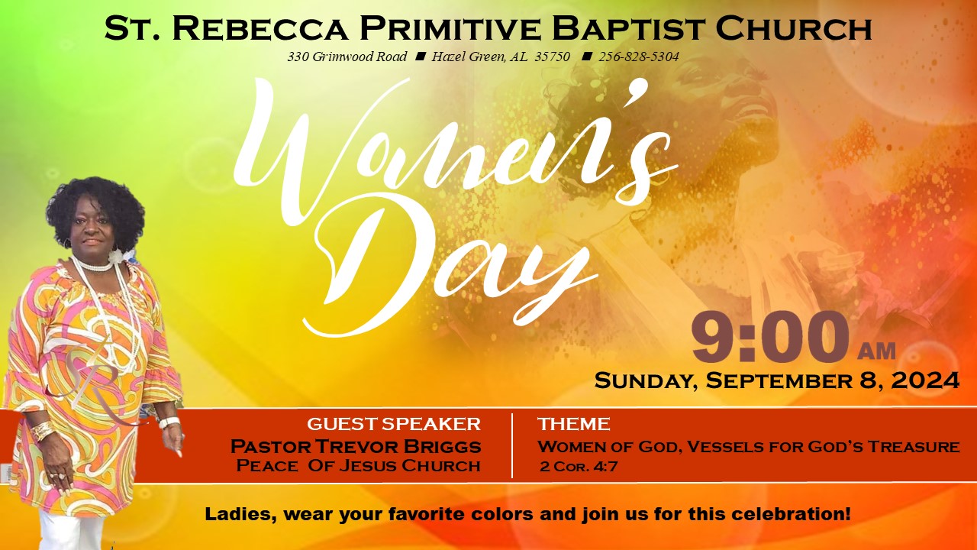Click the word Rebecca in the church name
pyautogui.click(x=260, y=28)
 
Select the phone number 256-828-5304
pyautogui.click(x=639, y=57)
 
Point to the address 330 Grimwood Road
pyautogui.click(x=347, y=57)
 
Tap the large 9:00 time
pyautogui.click(x=771, y=337)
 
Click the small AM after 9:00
pyautogui.click(x=876, y=351)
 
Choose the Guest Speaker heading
pyautogui.click(x=393, y=424)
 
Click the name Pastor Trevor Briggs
pyautogui.click(x=356, y=447)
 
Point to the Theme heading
pyautogui.click(x=573, y=424)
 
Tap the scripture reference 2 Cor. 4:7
pyautogui.click(x=579, y=467)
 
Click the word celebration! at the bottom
pyautogui.click(x=791, y=514)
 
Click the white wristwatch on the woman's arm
pyautogui.click(x=169, y=423)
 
